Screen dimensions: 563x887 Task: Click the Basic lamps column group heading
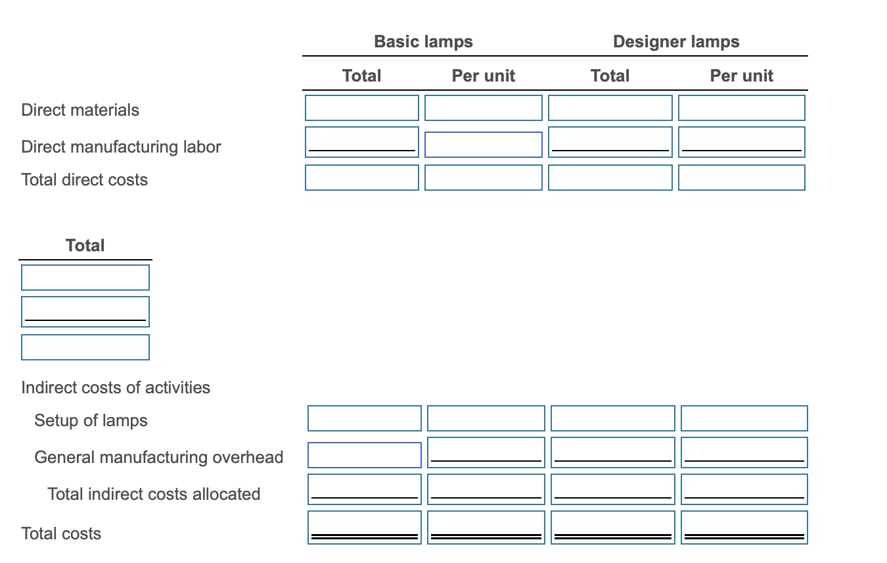(423, 41)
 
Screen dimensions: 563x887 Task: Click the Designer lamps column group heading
(676, 41)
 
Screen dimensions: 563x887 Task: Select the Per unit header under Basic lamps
(483, 76)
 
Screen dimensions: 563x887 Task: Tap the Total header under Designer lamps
(610, 76)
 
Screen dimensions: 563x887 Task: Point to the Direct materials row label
(80, 110)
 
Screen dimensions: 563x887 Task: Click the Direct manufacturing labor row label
(121, 147)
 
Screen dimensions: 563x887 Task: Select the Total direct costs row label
(84, 180)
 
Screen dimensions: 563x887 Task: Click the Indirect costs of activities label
(116, 387)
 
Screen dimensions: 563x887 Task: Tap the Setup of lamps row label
(91, 420)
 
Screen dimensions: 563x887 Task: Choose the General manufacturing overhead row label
(158, 457)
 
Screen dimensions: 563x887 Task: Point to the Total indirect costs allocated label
(154, 494)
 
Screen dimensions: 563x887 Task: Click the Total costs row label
(61, 533)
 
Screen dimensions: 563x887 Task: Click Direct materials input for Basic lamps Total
(361, 108)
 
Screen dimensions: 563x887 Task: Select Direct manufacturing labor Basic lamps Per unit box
(483, 144)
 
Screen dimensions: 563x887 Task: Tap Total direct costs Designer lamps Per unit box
(741, 178)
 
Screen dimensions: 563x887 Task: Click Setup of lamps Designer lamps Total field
(612, 418)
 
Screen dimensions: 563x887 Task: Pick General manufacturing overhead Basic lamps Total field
(364, 455)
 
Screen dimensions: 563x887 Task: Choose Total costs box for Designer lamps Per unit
(744, 527)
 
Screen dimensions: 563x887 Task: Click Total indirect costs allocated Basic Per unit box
(486, 489)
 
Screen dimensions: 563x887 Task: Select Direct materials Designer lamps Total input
(610, 108)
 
